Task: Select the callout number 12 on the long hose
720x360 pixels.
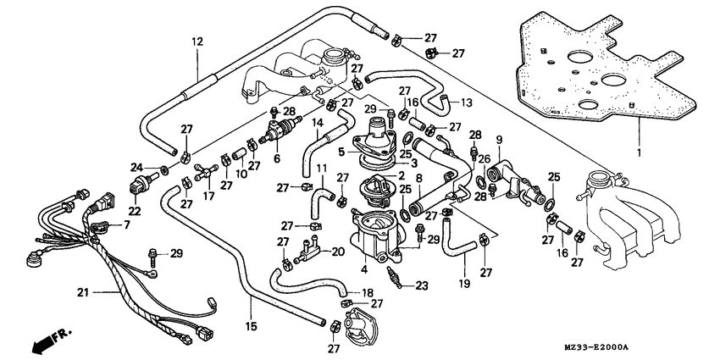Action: point(197,41)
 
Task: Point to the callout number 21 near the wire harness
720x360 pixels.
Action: point(82,293)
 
